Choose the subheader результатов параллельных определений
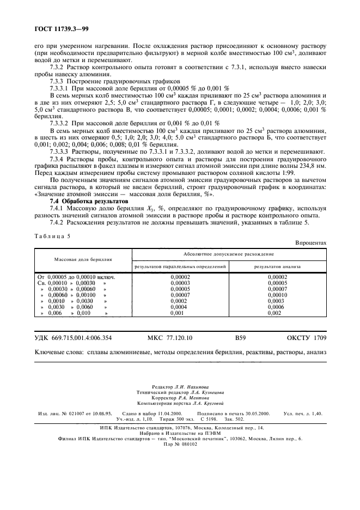pyautogui.click(x=180, y=266)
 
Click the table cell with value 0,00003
pyautogui.click(x=180, y=283)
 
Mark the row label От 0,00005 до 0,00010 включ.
pyautogui.click(x=76, y=277)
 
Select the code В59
pyautogui.click(x=241, y=338)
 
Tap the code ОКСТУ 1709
pyautogui.click(x=306, y=338)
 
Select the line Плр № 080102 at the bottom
pyautogui.click(x=180, y=444)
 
